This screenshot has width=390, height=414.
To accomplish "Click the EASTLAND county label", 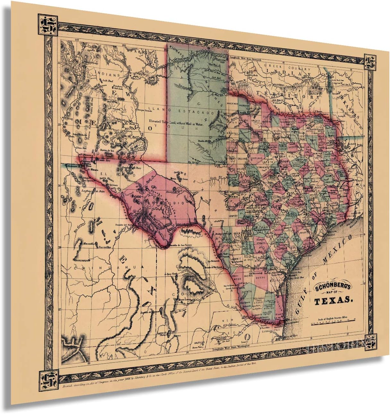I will click(x=257, y=159).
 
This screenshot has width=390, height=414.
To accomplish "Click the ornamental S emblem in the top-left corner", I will click(x=47, y=26).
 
